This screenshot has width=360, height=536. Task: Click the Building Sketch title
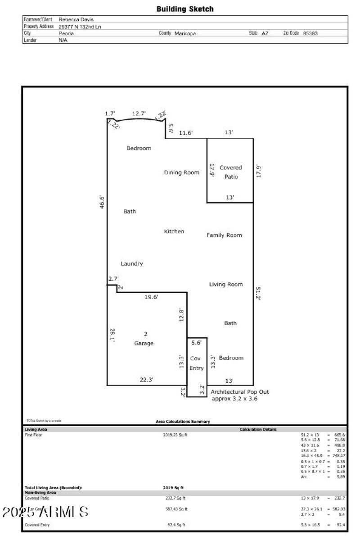185,9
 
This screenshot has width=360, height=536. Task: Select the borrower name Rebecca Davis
76,19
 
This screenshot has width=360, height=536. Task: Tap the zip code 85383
310,33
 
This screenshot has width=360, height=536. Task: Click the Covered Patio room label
230,172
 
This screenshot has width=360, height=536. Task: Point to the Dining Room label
181,173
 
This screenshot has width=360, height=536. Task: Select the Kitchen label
174,232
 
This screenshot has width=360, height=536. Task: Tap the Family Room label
224,235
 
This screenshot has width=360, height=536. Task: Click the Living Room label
226,284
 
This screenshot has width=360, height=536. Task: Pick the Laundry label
132,263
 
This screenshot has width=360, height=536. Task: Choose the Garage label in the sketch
144,343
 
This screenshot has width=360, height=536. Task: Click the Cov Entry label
196,363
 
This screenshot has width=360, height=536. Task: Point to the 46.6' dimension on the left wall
102,202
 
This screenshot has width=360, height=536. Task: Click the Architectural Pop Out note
240,395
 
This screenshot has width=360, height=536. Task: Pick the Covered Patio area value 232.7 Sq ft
175,499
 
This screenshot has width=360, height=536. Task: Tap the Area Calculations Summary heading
183,422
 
